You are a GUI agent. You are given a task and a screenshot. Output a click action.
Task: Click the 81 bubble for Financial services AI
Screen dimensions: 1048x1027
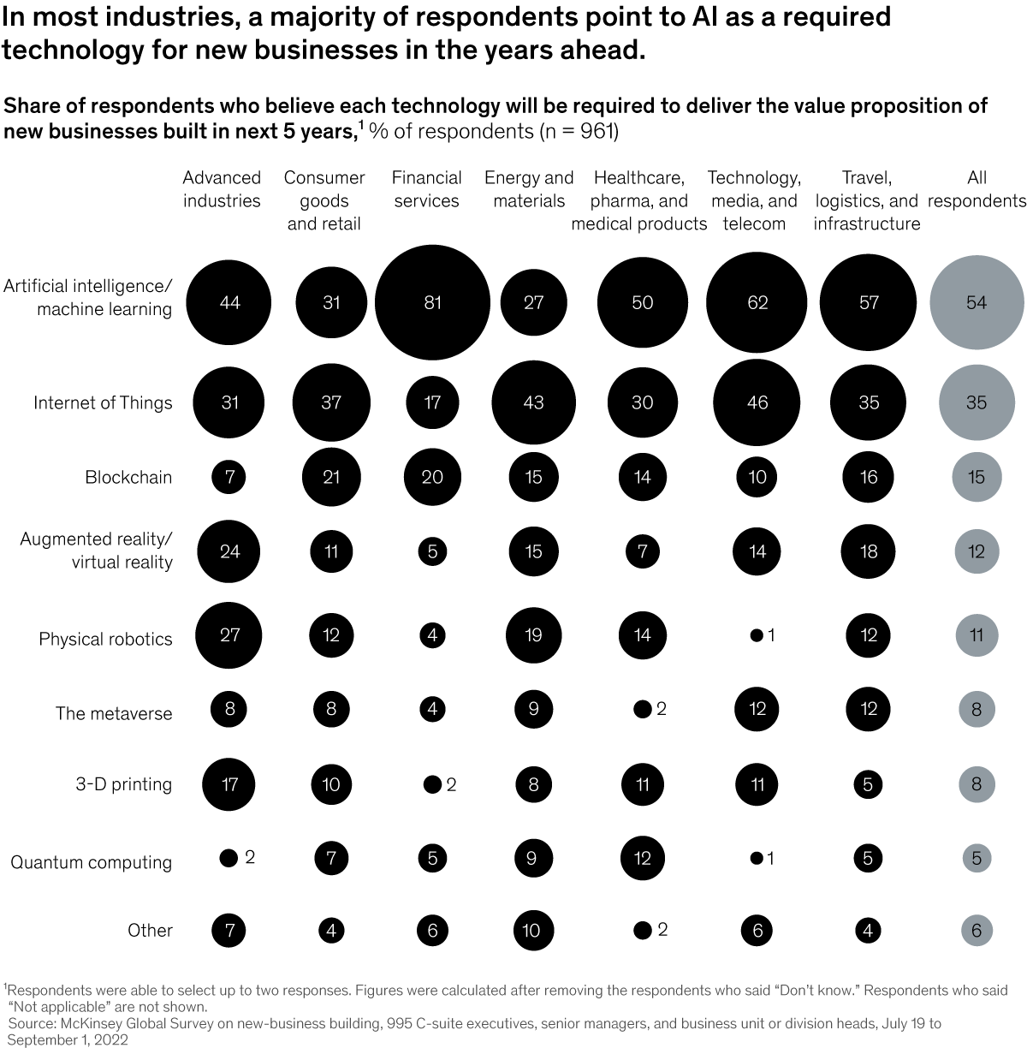tap(432, 302)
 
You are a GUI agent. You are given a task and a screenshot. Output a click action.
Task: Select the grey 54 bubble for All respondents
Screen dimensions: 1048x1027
tap(977, 302)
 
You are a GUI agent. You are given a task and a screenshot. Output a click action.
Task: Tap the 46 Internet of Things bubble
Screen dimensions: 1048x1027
tap(757, 402)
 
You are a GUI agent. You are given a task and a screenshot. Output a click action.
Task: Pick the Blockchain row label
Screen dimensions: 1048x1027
tap(128, 478)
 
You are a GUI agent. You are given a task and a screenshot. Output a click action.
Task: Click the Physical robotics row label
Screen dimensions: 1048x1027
tap(105, 640)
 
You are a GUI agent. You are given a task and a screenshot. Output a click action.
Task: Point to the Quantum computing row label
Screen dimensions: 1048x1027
tap(92, 862)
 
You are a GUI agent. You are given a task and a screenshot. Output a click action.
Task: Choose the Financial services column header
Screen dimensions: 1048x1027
tap(426, 189)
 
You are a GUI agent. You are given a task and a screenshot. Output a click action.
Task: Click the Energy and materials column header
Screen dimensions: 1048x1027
tap(529, 189)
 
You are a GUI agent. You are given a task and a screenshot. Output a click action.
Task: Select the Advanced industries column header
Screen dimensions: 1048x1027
tap(222, 189)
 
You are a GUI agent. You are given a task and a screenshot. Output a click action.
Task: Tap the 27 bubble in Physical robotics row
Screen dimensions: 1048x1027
tap(229, 635)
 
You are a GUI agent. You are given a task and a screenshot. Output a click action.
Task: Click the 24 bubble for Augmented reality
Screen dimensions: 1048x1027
tap(229, 551)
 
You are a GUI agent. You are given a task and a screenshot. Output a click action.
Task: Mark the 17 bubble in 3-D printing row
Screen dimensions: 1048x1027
tap(229, 784)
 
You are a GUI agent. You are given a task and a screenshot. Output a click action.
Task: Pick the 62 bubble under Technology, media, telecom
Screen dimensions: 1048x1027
tap(757, 302)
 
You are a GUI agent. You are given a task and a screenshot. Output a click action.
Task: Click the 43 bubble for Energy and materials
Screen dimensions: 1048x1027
tap(533, 402)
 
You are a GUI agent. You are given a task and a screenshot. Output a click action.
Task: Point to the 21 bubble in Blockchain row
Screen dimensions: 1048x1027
tap(331, 477)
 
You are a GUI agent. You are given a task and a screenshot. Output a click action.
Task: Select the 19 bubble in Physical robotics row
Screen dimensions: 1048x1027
tap(533, 635)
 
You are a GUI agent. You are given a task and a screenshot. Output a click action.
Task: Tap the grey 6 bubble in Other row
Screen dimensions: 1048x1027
tap(977, 930)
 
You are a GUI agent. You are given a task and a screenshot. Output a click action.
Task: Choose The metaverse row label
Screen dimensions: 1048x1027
tap(114, 714)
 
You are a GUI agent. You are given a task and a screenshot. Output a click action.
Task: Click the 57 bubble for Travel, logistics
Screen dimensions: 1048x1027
tap(869, 302)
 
